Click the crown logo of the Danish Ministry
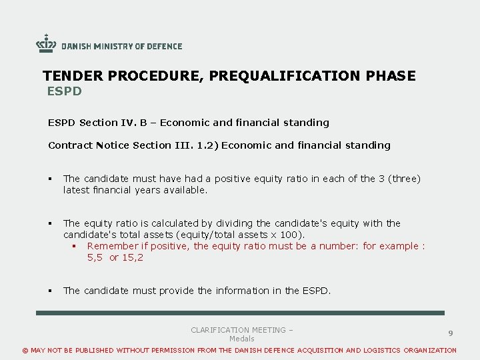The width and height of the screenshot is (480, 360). tap(46, 43)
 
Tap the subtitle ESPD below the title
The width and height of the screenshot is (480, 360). tap(64, 91)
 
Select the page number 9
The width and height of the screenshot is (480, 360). tap(451, 333)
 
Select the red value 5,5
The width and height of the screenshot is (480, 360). tap(95, 257)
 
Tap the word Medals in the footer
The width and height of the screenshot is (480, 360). tap(241, 339)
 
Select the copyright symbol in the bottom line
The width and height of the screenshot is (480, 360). tap(26, 351)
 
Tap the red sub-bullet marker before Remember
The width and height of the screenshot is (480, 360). tap(75, 247)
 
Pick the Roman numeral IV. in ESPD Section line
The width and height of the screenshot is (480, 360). tap(129, 123)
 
